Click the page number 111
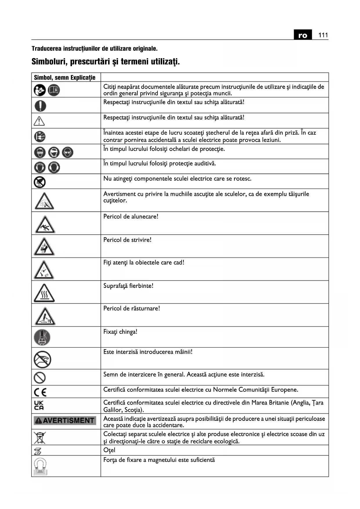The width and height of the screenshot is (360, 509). point(323,35)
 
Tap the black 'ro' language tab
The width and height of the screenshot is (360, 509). point(303,35)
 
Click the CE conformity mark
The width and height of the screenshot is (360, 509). point(40,392)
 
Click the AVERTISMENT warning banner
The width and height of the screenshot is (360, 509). point(65,420)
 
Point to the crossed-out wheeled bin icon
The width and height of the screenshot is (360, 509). point(40,437)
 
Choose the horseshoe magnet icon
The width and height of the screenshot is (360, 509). point(40,466)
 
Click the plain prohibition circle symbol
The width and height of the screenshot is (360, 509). point(40,378)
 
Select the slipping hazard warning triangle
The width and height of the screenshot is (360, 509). point(45,225)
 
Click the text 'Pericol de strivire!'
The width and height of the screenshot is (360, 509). point(127,240)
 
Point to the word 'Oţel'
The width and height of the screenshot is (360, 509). point(109,450)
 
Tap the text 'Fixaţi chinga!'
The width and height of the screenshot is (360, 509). point(120,332)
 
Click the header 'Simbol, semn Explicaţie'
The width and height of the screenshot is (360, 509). point(65,77)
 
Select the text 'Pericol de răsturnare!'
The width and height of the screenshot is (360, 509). point(132,308)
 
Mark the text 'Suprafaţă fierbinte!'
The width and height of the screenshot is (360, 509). point(129,286)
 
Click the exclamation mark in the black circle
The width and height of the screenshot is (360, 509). point(40,105)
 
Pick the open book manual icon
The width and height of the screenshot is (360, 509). point(54,90)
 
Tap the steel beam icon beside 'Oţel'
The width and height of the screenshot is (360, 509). point(38,451)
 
